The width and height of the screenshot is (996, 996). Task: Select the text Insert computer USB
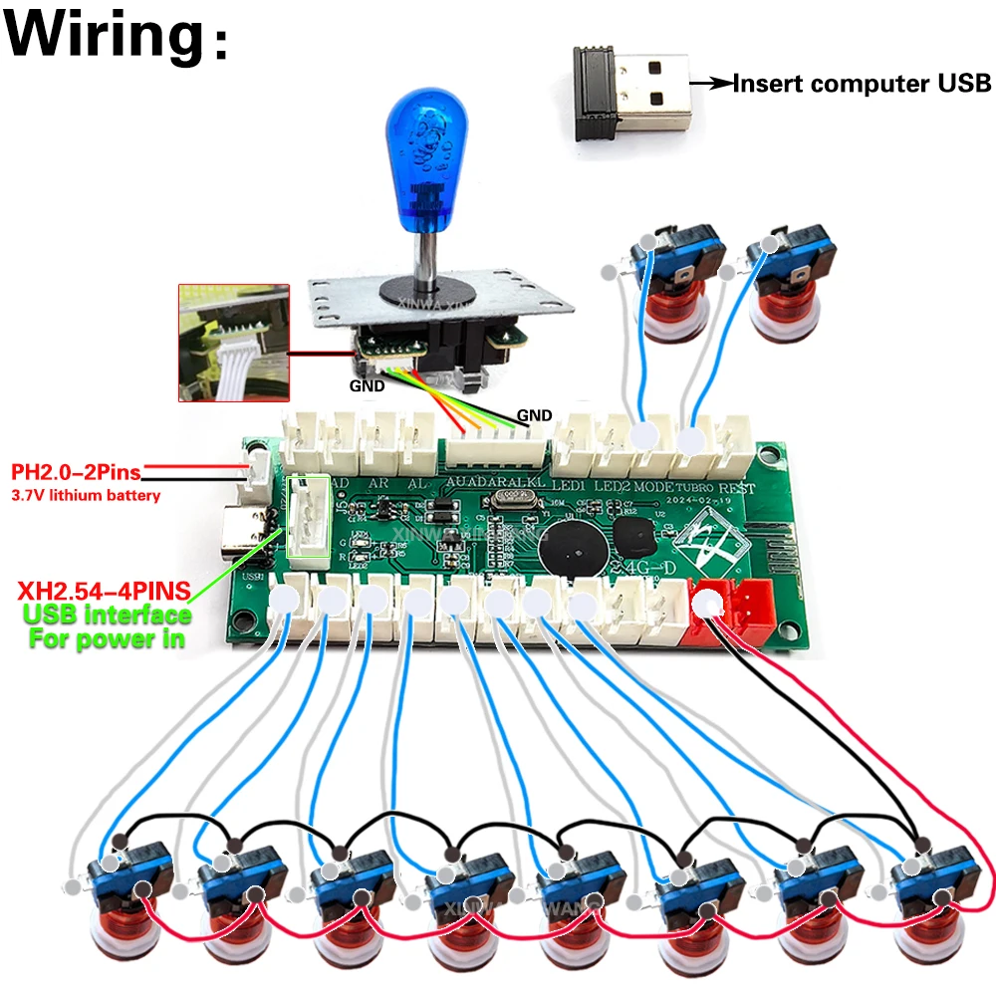coord(862,84)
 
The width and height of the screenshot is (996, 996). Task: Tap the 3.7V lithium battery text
coord(86,494)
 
